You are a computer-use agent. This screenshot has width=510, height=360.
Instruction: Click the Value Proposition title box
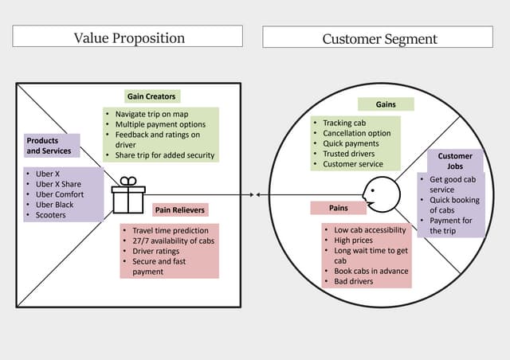point(127,37)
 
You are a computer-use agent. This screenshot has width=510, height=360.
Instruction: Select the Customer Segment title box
point(379,37)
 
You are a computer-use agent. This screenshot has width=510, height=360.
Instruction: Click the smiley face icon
point(380,194)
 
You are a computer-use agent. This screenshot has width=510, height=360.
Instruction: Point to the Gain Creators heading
point(151,96)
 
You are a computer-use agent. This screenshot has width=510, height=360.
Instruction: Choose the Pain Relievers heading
point(179,210)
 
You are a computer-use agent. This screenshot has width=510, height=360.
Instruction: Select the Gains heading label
point(386,104)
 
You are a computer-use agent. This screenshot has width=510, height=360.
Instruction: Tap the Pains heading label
point(339,208)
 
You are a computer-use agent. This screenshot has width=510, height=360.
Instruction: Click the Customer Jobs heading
point(455,162)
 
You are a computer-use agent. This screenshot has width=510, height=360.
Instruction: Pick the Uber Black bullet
point(54,205)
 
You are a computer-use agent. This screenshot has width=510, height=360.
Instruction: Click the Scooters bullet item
point(51,215)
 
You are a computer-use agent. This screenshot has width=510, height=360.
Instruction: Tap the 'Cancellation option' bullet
point(356,133)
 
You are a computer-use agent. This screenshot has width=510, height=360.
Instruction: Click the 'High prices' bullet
point(353,240)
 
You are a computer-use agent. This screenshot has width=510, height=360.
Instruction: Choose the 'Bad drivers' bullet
point(353,281)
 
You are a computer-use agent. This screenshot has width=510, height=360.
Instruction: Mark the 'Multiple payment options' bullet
point(160,125)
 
